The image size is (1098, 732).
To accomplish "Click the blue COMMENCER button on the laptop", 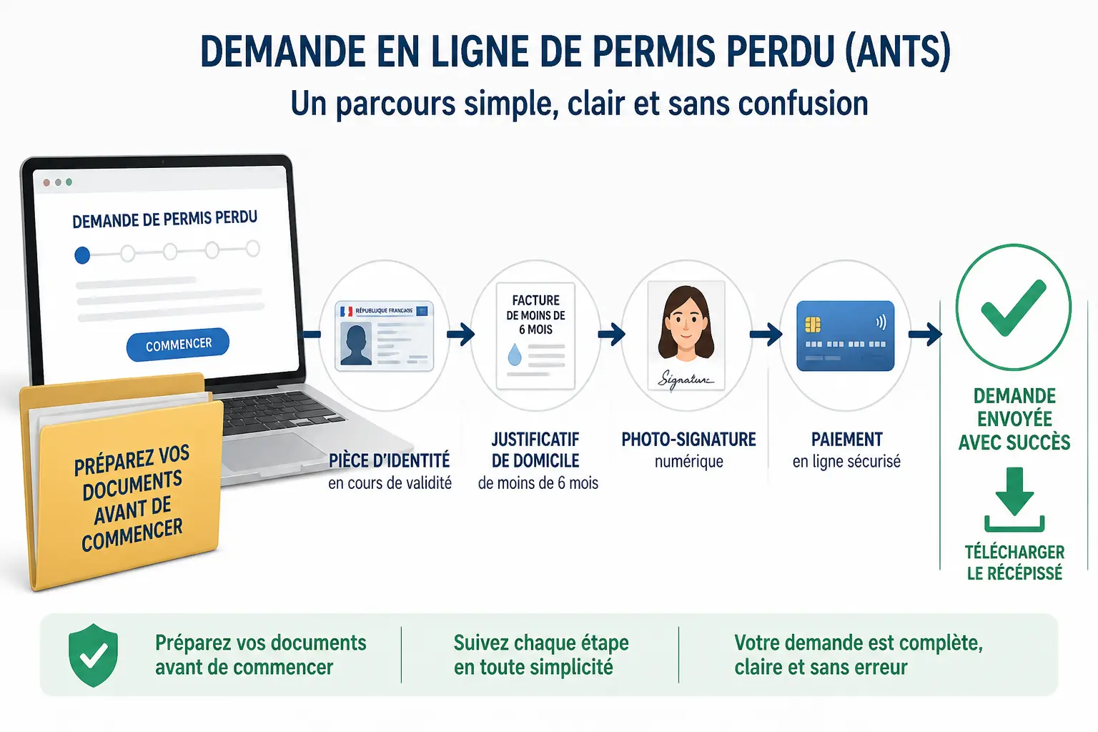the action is [x=177, y=344].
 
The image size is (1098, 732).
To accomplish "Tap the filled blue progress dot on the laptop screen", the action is [x=82, y=255].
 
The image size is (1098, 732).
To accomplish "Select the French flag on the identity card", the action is [x=347, y=312].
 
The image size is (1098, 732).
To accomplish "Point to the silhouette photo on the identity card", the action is [x=355, y=344].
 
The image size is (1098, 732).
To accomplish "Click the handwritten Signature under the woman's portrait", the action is [x=685, y=379].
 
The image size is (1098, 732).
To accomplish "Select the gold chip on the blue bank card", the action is [x=813, y=325].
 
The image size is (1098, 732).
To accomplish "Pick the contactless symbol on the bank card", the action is [x=881, y=322].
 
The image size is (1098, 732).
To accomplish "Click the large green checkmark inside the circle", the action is [x=1013, y=308].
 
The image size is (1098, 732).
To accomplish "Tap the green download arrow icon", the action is [x=1014, y=500].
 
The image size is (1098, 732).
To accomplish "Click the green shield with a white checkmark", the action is [x=93, y=655].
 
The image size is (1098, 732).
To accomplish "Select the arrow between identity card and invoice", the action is [x=461, y=335].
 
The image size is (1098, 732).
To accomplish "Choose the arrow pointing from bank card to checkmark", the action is [x=925, y=335].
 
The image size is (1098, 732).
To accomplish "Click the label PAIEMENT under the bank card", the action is [x=846, y=440].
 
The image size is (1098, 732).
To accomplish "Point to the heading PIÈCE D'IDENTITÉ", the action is [x=389, y=461].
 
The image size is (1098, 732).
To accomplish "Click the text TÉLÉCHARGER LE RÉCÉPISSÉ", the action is [x=1014, y=563].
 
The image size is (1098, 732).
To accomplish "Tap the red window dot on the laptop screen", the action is [x=46, y=183].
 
